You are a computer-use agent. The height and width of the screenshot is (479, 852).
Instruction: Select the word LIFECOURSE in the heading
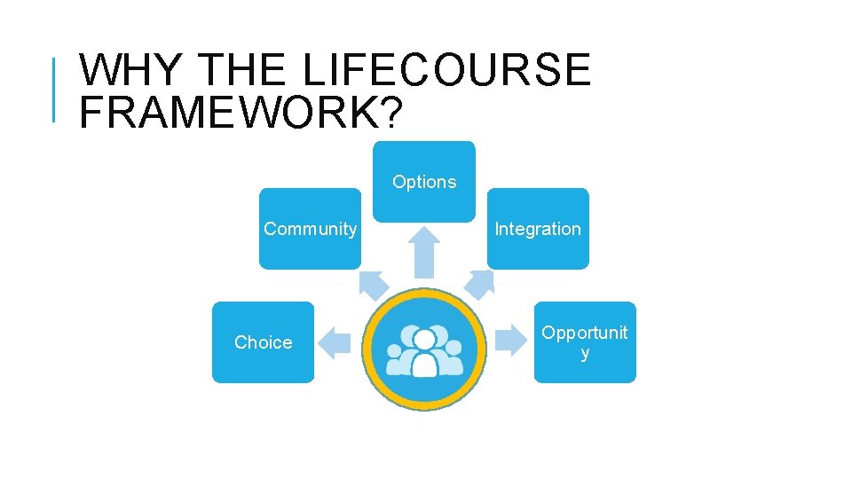446,70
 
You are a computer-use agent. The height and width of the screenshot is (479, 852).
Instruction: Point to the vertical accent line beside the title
55,89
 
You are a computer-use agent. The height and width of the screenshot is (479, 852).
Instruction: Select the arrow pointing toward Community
373,283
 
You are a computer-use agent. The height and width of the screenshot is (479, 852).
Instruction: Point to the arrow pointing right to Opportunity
511,340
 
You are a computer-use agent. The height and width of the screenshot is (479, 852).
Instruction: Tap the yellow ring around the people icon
425,296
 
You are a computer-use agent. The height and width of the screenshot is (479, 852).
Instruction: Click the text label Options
424,182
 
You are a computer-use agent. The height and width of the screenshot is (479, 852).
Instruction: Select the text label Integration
538,229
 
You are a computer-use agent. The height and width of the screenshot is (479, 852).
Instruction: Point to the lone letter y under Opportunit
585,354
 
